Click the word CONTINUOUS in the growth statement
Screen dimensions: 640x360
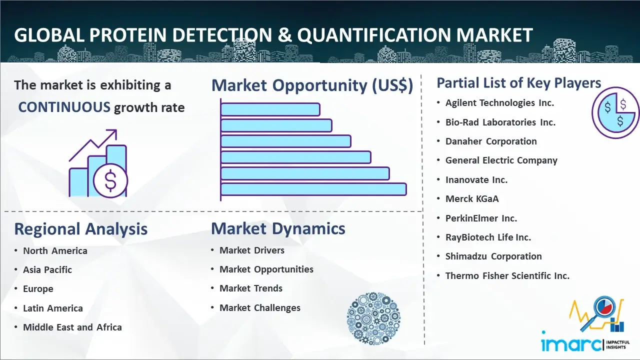(64, 107)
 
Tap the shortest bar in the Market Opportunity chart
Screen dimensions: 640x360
(270, 109)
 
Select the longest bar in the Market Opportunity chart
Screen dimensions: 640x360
(313, 189)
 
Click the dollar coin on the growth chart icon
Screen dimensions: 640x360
(110, 181)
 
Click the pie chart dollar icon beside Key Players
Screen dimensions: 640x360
(615, 113)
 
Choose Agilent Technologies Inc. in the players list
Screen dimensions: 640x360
(499, 103)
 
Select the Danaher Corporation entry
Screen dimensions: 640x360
(491, 141)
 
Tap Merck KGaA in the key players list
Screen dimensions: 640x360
(472, 198)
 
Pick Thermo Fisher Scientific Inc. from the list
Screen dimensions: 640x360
(507, 275)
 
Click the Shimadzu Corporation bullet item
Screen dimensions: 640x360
(493, 256)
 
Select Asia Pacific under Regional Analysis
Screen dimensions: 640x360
(47, 269)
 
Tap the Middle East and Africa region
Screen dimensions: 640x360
(72, 327)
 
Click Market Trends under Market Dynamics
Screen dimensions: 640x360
(251, 288)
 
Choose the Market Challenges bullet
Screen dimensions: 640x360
(260, 307)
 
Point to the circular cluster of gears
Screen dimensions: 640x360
(373, 318)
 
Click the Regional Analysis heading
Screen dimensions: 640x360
(81, 229)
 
